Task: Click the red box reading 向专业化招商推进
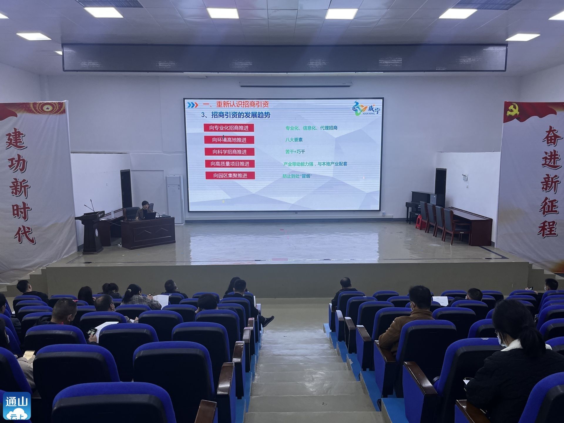click(229, 128)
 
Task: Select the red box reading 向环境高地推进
click(229, 140)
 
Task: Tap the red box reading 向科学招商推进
click(229, 152)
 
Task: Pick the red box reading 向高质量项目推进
click(230, 164)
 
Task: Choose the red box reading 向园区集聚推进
click(230, 176)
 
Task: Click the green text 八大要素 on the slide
click(294, 140)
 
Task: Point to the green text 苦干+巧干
click(295, 152)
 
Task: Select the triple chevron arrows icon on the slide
click(193, 105)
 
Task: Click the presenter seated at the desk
click(144, 210)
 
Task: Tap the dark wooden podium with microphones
click(91, 232)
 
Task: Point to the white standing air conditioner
click(175, 199)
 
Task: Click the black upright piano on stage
click(423, 206)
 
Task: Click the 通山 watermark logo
click(17, 406)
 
